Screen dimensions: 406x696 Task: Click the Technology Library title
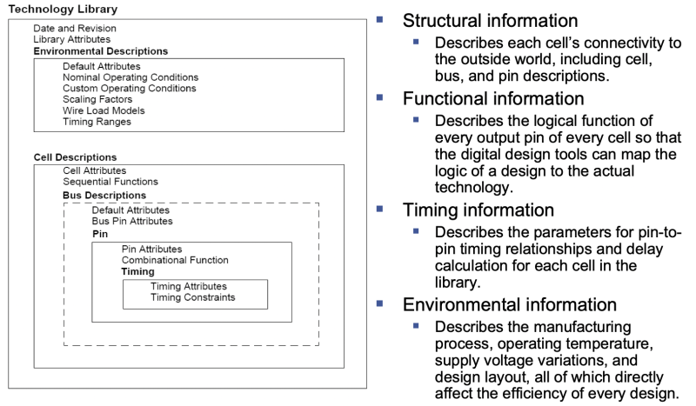(x=63, y=9)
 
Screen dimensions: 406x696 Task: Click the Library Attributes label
(x=72, y=40)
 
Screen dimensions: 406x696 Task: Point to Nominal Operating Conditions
(x=130, y=77)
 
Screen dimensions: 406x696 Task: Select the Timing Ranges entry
(x=97, y=123)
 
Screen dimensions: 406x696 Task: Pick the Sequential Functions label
(x=110, y=182)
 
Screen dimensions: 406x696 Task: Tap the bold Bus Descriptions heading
(x=104, y=196)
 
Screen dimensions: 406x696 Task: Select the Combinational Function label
(x=175, y=260)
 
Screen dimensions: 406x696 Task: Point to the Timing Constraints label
(x=192, y=297)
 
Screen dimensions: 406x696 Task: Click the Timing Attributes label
(x=189, y=286)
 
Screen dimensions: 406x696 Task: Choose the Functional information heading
(x=492, y=98)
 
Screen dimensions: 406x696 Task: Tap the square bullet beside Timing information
(x=380, y=209)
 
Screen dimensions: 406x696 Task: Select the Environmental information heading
(x=510, y=304)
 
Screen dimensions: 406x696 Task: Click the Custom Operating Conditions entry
(x=130, y=89)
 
